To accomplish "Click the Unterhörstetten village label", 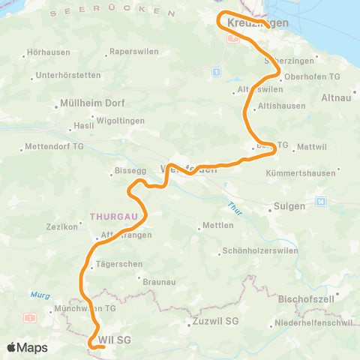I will (68, 76).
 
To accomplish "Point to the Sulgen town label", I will (290, 205).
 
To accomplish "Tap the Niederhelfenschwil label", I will (313, 323).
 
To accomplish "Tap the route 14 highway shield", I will (321, 202).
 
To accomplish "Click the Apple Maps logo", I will (27, 348).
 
